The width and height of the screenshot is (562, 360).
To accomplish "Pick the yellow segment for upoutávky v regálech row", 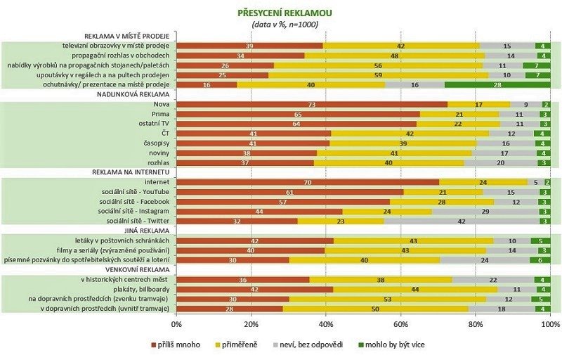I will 378,75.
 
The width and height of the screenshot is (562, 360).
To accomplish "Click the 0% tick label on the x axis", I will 176,324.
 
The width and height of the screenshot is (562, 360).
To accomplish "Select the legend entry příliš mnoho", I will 176,345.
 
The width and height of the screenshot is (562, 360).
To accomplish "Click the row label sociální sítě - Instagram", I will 134,210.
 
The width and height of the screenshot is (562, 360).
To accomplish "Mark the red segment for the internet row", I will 308,181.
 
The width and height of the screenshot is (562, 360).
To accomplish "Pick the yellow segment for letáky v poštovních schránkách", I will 414,240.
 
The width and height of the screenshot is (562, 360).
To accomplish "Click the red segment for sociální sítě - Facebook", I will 284,200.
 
